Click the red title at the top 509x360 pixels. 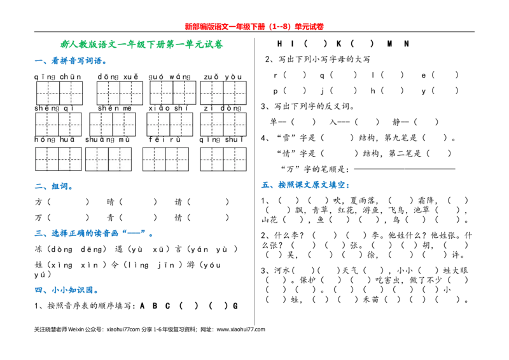(x=254, y=27)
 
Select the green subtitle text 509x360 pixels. (x=141, y=45)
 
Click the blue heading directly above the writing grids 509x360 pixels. (x=69, y=62)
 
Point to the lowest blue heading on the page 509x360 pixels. (x=66, y=290)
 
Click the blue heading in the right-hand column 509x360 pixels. (x=305, y=186)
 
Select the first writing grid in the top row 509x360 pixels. (x=59, y=93)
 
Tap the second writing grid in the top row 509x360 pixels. (x=120, y=93)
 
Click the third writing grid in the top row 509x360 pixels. (x=172, y=92)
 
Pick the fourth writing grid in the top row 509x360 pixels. (x=223, y=93)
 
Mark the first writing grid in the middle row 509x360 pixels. (x=59, y=124)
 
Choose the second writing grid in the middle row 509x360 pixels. (x=113, y=124)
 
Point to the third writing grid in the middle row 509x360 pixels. (x=169, y=124)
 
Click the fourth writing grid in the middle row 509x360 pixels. (x=223, y=124)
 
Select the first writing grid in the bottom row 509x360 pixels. (x=59, y=159)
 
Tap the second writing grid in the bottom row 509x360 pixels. (x=109, y=159)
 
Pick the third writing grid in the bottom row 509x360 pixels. (x=165, y=159)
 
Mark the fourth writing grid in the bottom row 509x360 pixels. (x=223, y=159)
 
